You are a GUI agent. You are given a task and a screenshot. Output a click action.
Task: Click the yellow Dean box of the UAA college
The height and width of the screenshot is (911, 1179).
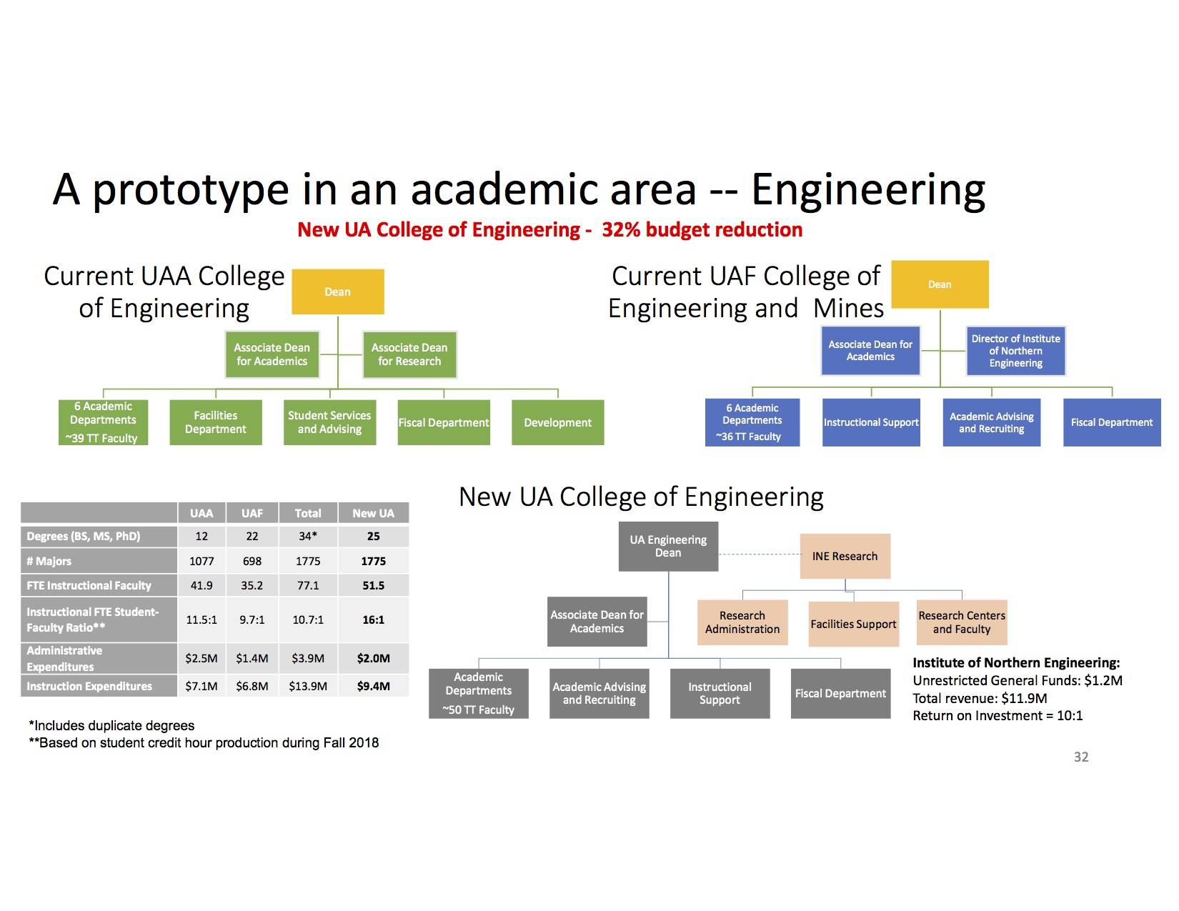tap(337, 292)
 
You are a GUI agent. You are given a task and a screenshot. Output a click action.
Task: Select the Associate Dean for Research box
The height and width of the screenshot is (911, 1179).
tap(409, 354)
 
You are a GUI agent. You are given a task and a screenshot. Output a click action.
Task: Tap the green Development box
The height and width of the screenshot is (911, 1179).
tap(557, 422)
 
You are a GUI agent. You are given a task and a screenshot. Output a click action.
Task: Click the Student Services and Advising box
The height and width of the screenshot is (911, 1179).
tap(329, 422)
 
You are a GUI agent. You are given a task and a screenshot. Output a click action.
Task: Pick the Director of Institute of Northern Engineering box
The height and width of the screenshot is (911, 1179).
tap(1015, 351)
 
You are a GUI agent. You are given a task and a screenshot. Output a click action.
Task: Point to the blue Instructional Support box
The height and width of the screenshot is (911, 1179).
tap(871, 422)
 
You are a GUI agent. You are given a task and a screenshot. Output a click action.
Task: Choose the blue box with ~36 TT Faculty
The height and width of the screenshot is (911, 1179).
tap(752, 422)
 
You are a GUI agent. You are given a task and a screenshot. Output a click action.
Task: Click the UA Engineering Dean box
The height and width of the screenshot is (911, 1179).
tap(668, 546)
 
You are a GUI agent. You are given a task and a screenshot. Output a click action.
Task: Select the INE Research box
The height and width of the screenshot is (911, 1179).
tap(845, 556)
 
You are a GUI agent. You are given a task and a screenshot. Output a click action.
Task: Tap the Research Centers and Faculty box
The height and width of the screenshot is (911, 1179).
tap(962, 622)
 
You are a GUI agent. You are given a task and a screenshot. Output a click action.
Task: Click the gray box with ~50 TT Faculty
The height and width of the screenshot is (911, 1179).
tap(478, 693)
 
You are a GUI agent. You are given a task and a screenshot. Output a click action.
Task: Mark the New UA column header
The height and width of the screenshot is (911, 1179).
tap(373, 513)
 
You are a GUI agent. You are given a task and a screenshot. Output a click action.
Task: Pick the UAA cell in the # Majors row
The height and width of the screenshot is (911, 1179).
tap(202, 560)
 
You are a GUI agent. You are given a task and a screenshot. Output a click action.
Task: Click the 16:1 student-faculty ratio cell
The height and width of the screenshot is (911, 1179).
tap(373, 619)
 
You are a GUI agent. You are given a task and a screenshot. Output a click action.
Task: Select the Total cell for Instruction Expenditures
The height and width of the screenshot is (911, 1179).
tap(308, 686)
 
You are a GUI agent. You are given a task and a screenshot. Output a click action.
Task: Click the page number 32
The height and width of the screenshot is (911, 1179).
tap(1081, 757)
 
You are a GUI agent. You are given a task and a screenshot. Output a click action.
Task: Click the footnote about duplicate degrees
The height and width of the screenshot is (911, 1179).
tap(111, 725)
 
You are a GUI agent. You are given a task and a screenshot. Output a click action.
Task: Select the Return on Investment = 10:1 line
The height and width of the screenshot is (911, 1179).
tap(998, 715)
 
